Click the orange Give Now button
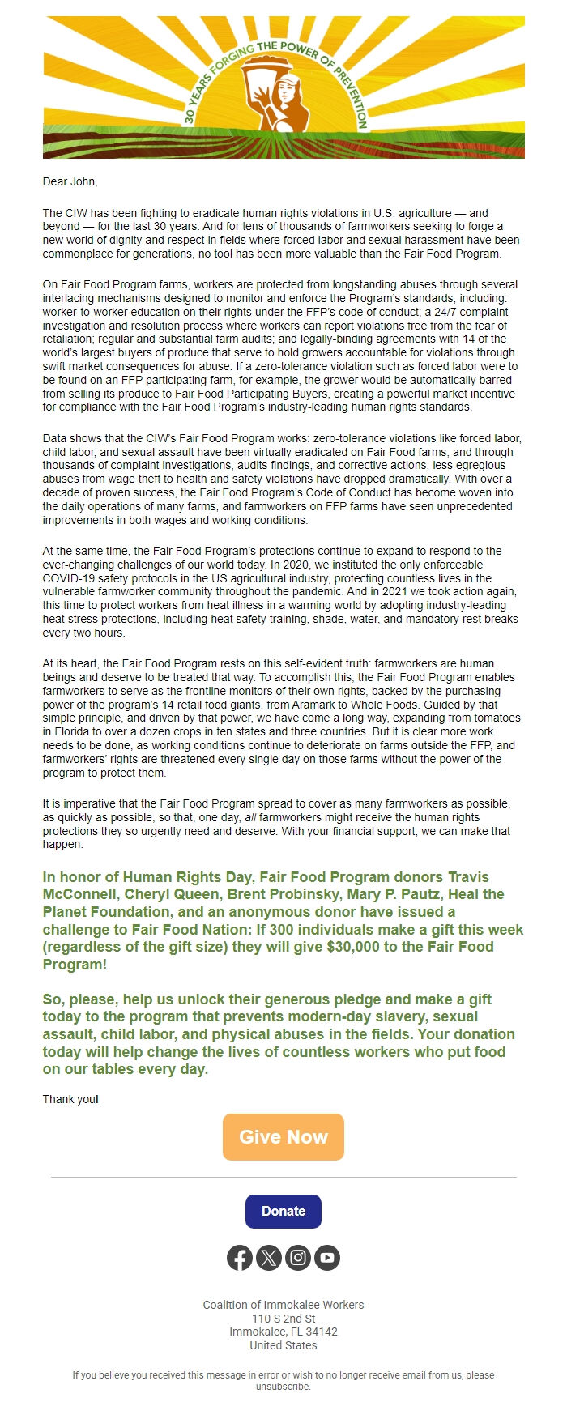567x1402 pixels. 283,1136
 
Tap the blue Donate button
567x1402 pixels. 283,1211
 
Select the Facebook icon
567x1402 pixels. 240,1257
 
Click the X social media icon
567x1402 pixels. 269,1257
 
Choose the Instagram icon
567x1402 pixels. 298,1257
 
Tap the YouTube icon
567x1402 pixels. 327,1257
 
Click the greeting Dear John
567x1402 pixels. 70,181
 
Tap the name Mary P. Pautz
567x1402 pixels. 369,894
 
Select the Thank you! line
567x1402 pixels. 70,1099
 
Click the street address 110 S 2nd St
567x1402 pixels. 283,1319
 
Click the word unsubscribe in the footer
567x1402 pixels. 283,1386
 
